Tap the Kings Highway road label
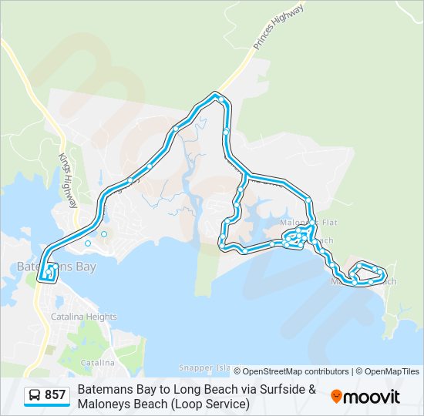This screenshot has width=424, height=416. coord(69,179)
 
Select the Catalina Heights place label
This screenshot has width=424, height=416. coord(84,317)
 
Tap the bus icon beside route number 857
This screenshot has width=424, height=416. coord(35,396)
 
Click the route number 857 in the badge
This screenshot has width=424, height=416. coord(56,396)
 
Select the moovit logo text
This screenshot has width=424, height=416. coord(372,397)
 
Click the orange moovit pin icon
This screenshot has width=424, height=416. coord(337,397)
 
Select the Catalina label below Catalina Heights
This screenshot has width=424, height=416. coord(98,362)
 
